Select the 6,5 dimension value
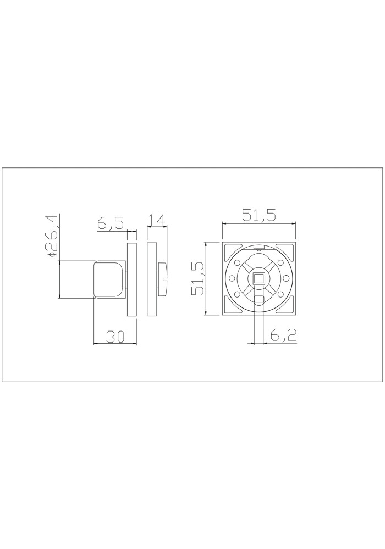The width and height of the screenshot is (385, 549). (111, 223)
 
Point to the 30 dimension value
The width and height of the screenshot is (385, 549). (116, 337)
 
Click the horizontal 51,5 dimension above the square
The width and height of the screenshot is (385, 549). (259, 215)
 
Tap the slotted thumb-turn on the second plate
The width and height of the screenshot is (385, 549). (163, 279)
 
